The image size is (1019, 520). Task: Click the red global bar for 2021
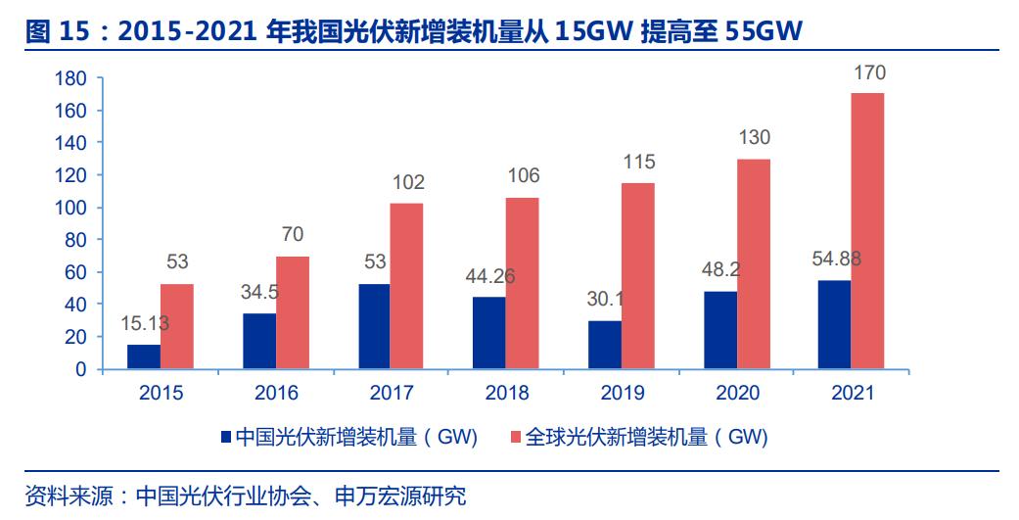pyautogui.click(x=867, y=231)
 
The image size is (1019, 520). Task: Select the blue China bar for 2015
pyautogui.click(x=144, y=356)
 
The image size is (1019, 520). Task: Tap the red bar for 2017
pyautogui.click(x=406, y=286)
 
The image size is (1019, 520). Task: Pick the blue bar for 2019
pyautogui.click(x=604, y=345)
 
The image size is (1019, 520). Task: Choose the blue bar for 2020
pyautogui.click(x=719, y=330)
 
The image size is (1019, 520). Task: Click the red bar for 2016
pyautogui.click(x=292, y=312)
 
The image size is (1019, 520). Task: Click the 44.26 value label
pyautogui.click(x=489, y=277)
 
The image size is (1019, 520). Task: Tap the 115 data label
pyautogui.click(x=638, y=163)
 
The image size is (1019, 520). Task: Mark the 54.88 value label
pyautogui.click(x=836, y=260)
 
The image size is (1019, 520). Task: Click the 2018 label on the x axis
pyautogui.click(x=507, y=394)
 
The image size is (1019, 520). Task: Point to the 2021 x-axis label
pyautogui.click(x=852, y=394)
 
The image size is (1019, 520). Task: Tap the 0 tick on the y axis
pyautogui.click(x=81, y=369)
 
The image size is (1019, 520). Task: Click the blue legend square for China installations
pyautogui.click(x=226, y=437)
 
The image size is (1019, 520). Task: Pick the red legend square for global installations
pyautogui.click(x=517, y=437)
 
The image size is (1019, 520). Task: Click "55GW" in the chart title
pyautogui.click(x=764, y=32)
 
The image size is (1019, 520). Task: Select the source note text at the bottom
pyautogui.click(x=246, y=495)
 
